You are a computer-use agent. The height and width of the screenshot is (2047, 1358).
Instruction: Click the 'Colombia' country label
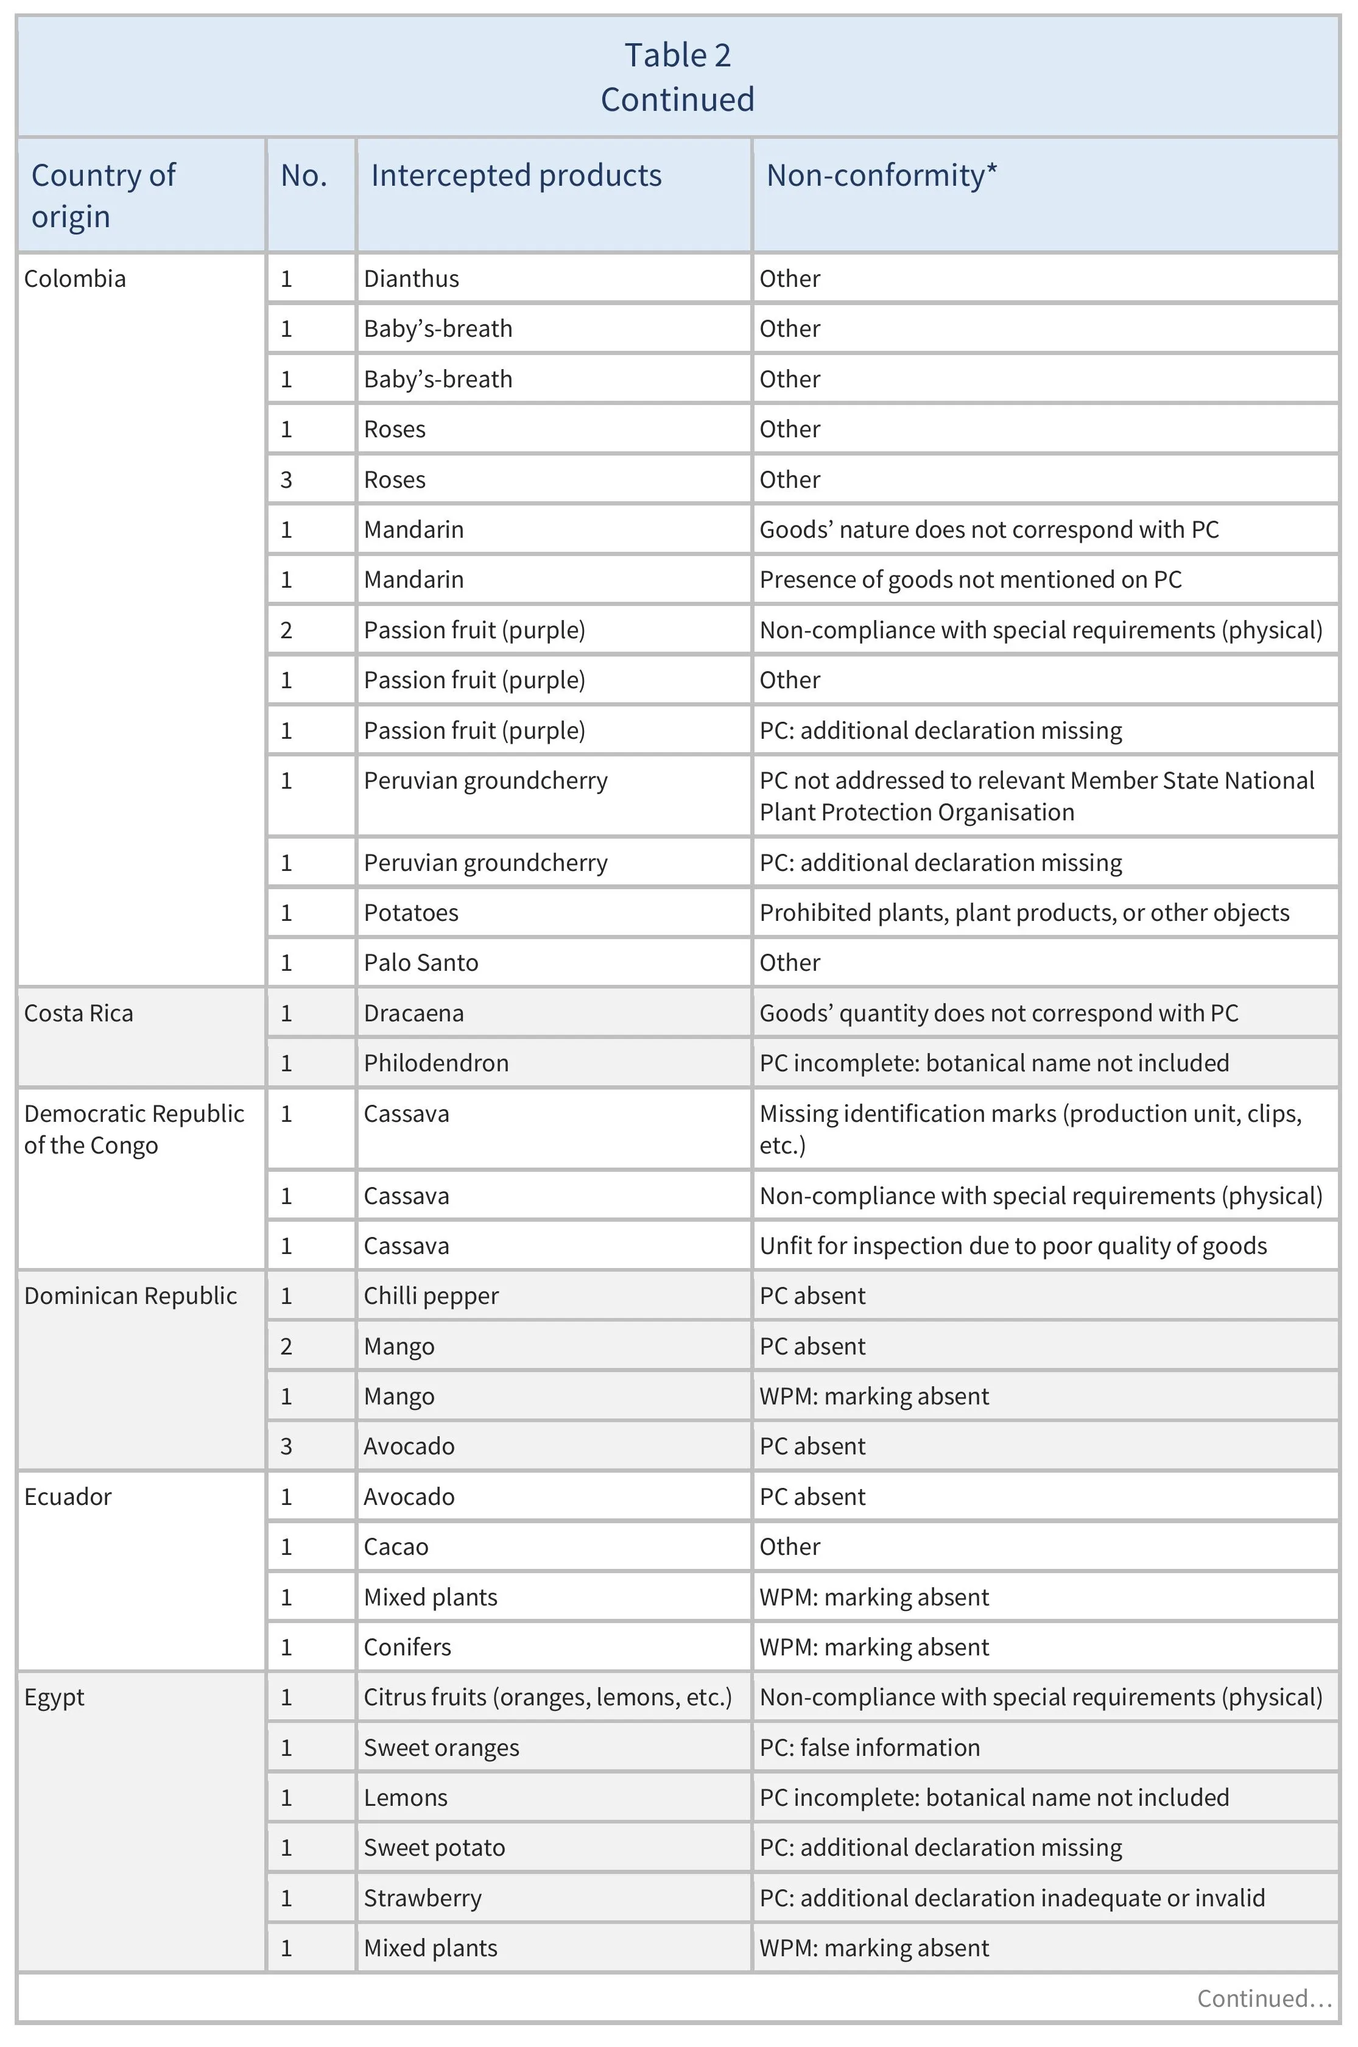pos(76,279)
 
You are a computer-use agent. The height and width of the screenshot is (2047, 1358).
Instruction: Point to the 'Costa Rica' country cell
pos(79,1013)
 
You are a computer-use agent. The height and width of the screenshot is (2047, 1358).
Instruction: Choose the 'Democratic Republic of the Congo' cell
pos(133,1129)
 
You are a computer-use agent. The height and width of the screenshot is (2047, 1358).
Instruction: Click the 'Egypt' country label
pos(55,1697)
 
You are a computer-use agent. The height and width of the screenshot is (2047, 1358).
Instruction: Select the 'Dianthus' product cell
pos(412,279)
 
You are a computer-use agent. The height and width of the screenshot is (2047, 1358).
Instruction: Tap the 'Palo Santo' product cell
pos(421,963)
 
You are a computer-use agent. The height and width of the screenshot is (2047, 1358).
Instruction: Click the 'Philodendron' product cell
pos(435,1063)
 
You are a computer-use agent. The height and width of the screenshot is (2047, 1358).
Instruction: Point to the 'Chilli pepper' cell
pos(431,1296)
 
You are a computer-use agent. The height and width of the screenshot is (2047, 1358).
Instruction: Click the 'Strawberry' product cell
pos(423,1898)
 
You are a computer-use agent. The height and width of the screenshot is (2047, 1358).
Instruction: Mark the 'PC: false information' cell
pos(870,1747)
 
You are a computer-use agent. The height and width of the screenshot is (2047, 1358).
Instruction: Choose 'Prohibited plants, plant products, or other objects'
pos(1024,913)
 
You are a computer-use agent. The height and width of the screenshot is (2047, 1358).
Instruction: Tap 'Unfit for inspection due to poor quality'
pos(1013,1246)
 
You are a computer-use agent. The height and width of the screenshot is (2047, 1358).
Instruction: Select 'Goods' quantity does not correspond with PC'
pos(999,1013)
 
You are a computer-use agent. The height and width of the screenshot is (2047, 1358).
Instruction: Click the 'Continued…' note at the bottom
pos(1264,1998)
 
